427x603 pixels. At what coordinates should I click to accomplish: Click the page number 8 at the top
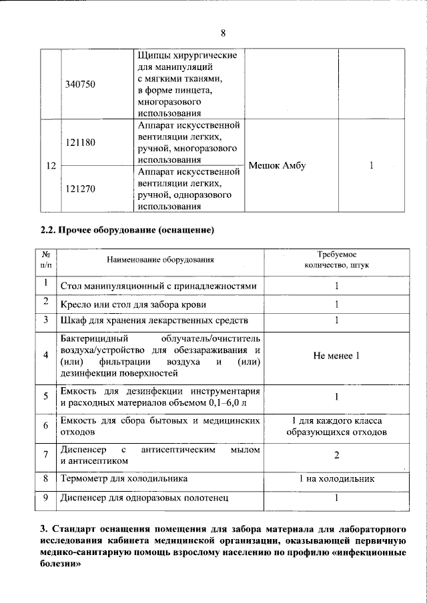coord(223,34)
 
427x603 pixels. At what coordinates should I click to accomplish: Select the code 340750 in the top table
coord(79,85)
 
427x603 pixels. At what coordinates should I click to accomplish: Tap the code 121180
coord(79,143)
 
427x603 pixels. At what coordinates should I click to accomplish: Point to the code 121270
coord(79,189)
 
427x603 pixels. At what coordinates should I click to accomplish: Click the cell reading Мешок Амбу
coord(276,166)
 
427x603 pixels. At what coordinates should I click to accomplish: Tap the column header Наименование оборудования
coord(159,259)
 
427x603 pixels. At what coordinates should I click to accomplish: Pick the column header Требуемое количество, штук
coord(336,260)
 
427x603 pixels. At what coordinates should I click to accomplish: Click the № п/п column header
coord(46,260)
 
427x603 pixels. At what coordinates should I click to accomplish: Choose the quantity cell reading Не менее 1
coord(336,355)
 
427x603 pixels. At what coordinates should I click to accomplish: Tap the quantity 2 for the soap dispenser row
coord(336,454)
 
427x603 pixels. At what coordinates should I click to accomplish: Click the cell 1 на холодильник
coord(336,478)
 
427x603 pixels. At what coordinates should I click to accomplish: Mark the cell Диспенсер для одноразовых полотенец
coord(144,497)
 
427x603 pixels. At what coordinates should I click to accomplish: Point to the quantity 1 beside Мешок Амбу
coord(371,166)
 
